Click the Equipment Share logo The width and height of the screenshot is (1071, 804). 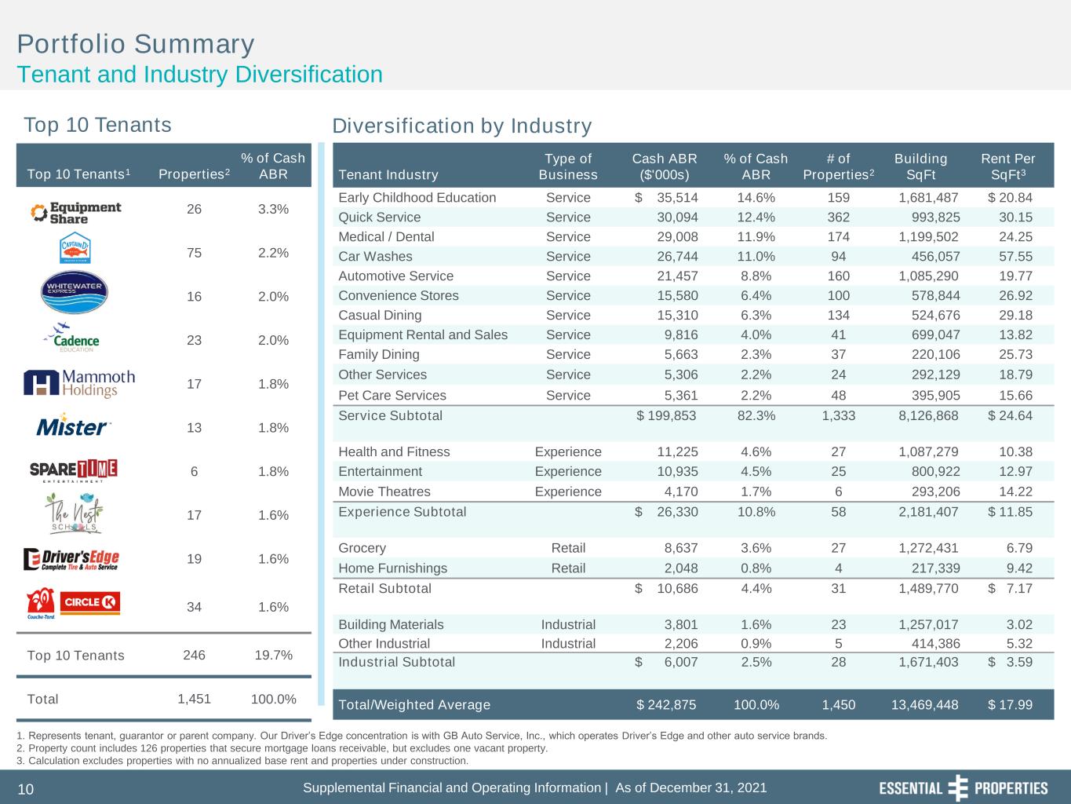pos(75,213)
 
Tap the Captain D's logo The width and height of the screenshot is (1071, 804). pos(75,248)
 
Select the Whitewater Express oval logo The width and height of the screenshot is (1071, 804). pos(75,291)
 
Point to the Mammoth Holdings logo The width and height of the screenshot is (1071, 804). pos(79,384)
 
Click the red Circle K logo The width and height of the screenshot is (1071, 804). pos(89,602)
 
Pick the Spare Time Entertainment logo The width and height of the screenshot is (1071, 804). pos(74,470)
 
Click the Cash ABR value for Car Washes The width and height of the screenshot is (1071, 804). pos(677,256)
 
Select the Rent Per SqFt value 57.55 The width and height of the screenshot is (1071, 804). pos(1015,256)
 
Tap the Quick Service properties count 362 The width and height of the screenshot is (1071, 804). pos(838,217)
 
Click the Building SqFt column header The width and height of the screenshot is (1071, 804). pos(920,166)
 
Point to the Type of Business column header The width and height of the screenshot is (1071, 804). pos(568,166)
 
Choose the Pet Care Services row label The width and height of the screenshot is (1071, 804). pos(392,395)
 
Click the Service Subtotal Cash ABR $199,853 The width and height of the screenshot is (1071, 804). pos(666,415)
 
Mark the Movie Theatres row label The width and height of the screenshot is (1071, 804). pos(384,491)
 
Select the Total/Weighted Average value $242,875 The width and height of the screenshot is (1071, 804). pos(666,704)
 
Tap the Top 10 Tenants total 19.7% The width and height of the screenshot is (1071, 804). pos(273,655)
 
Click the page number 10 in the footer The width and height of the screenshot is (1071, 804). pos(26,789)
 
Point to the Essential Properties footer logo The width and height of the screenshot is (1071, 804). pos(964,788)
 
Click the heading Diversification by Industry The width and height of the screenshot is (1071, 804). pos(462,126)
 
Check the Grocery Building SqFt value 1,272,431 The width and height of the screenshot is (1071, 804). pos(928,548)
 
